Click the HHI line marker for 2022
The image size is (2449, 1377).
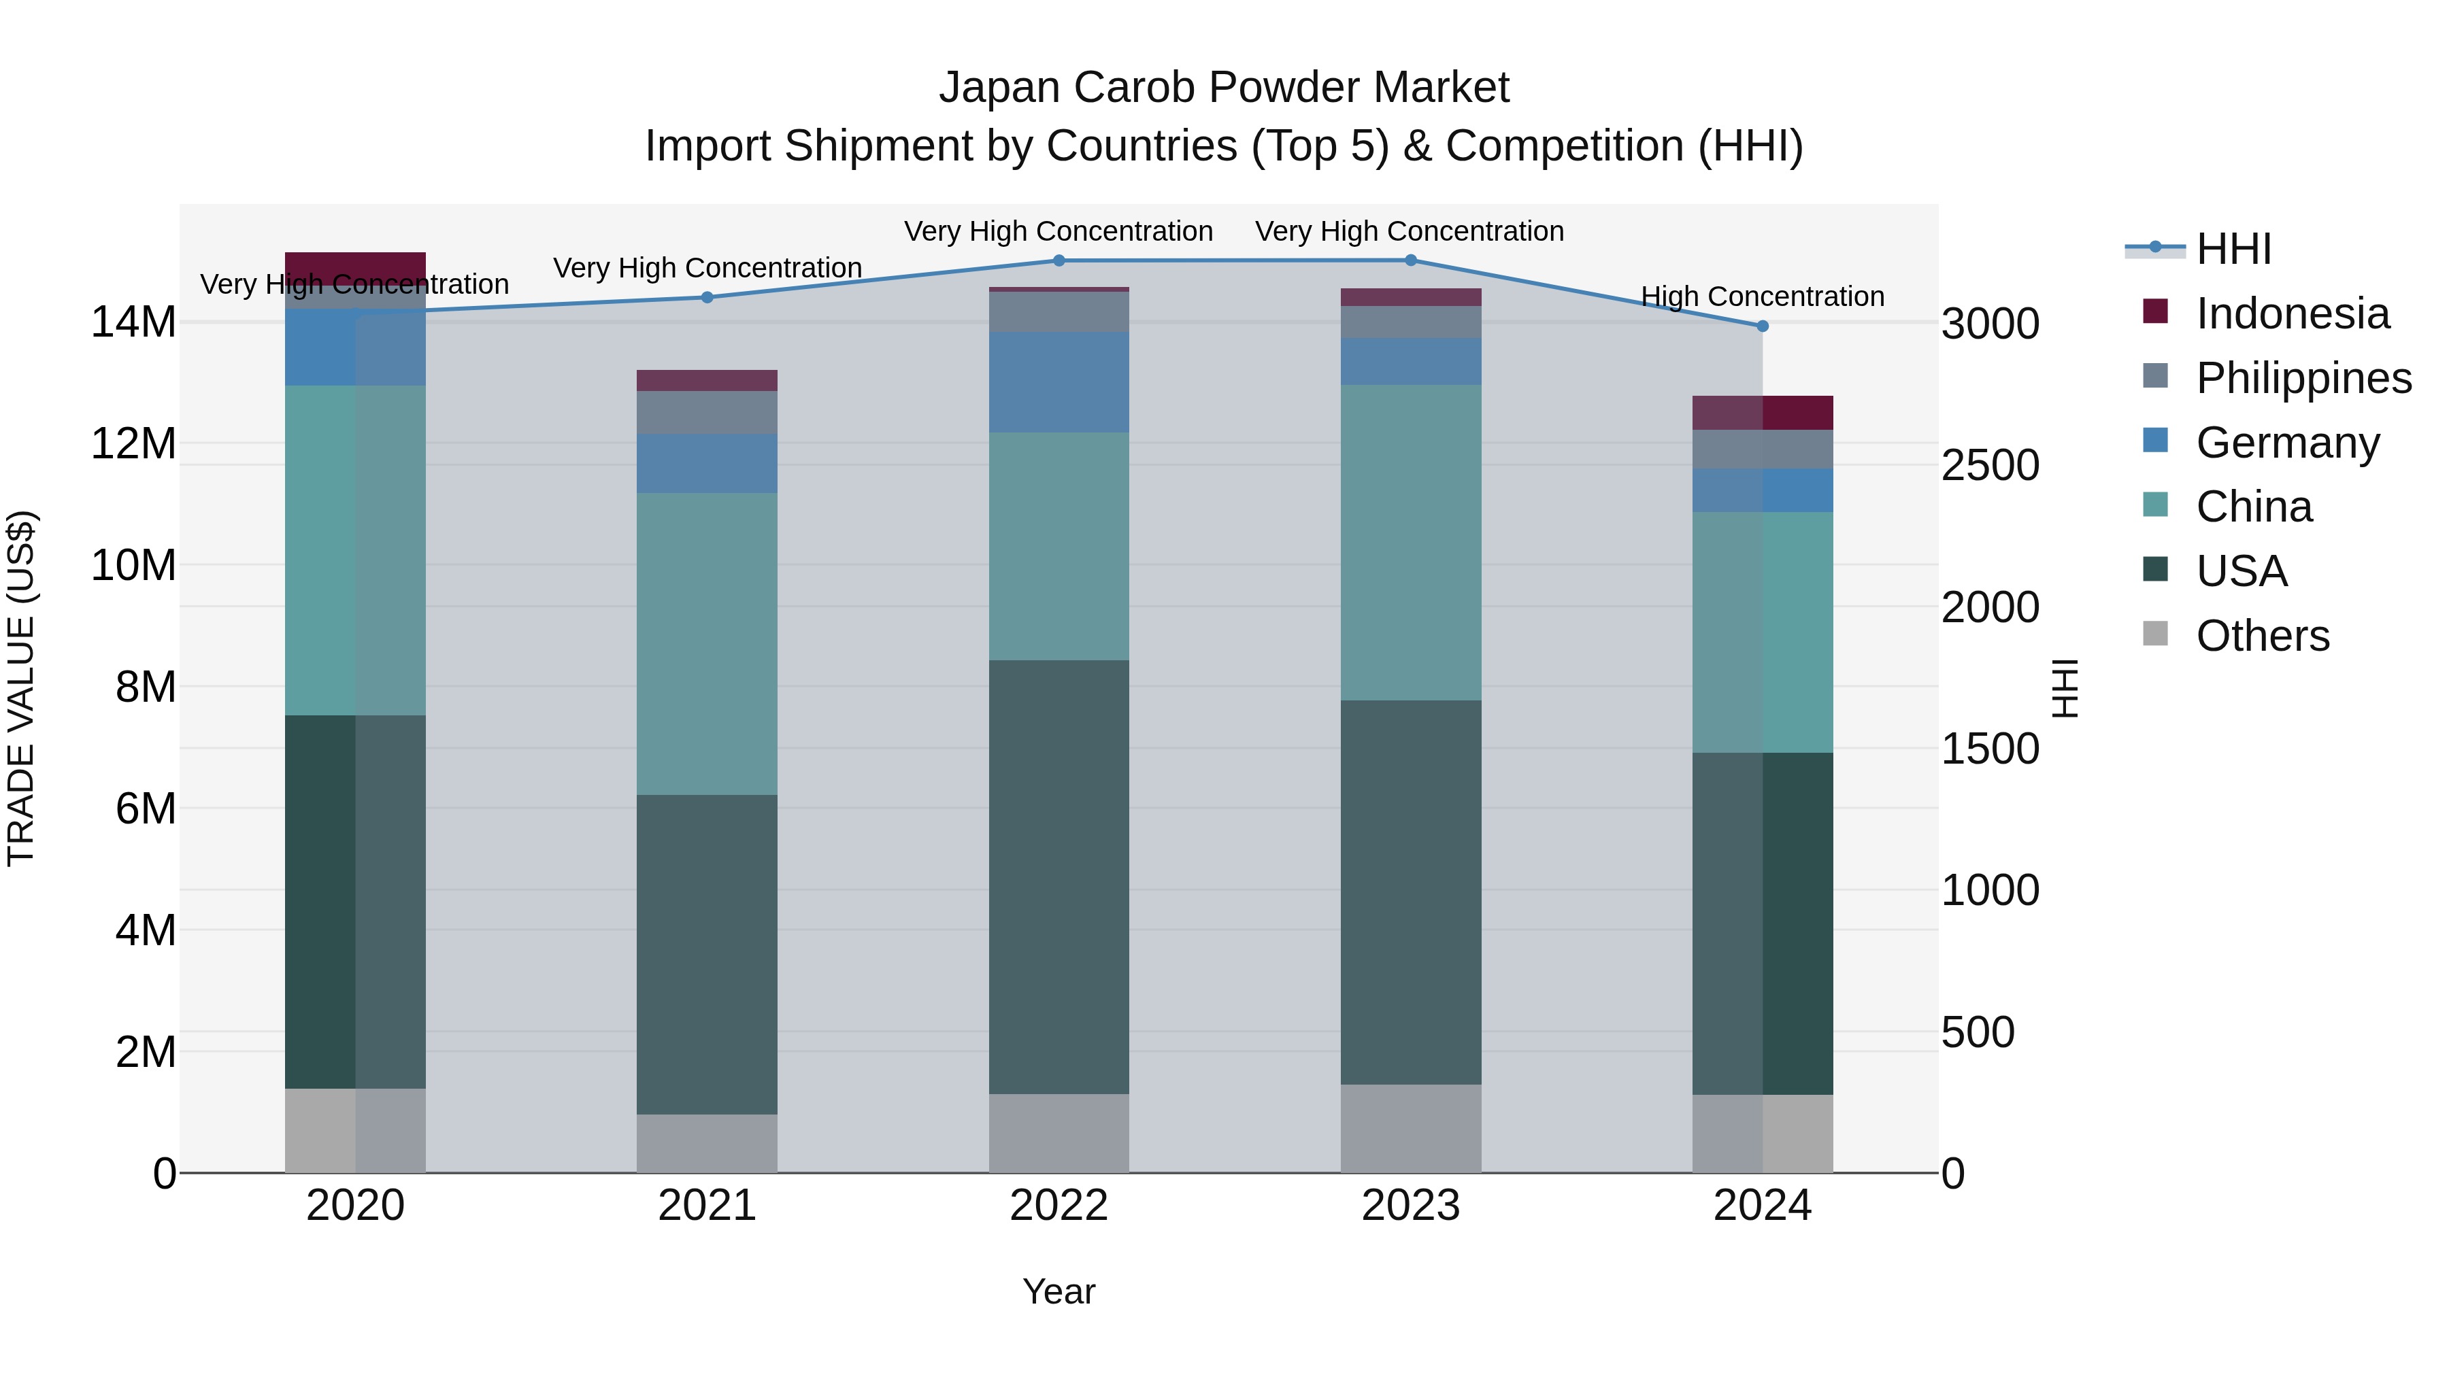pos(1059,260)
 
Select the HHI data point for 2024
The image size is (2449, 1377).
pos(1763,326)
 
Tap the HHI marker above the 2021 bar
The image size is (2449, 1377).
pos(707,297)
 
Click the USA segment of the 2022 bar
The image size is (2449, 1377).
pos(1059,877)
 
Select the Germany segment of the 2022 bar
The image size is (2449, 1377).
pos(1059,382)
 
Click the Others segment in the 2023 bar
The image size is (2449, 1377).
pos(1411,1128)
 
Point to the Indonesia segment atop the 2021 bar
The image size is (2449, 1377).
pos(707,380)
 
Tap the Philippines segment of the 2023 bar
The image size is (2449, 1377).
pos(1411,322)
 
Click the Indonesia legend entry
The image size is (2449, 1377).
pos(2292,313)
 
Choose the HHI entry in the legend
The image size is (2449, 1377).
pos(2234,249)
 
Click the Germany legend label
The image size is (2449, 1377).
pos(2287,443)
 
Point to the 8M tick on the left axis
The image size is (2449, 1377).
pos(146,687)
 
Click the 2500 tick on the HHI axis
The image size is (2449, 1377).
pos(1990,466)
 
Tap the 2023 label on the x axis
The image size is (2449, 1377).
pos(1411,1206)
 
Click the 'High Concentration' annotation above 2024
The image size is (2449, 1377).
pos(1763,296)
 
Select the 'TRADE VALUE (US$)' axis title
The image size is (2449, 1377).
pos(21,688)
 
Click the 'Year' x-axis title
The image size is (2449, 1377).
pos(1059,1291)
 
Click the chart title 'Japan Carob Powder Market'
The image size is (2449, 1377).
pos(1224,88)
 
